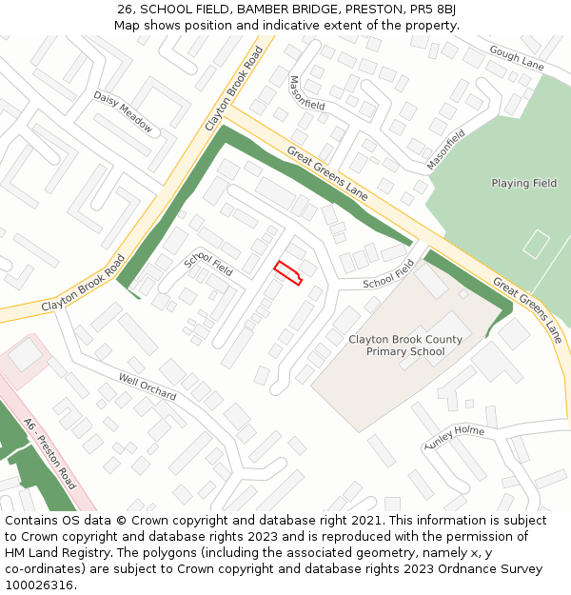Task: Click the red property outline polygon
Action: click(287, 272)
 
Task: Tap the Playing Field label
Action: click(523, 183)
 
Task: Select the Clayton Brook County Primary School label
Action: click(405, 346)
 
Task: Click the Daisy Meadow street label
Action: click(123, 111)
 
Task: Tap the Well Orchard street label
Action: click(148, 387)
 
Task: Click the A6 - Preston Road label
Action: click(49, 452)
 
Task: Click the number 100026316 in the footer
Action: click(37, 585)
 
